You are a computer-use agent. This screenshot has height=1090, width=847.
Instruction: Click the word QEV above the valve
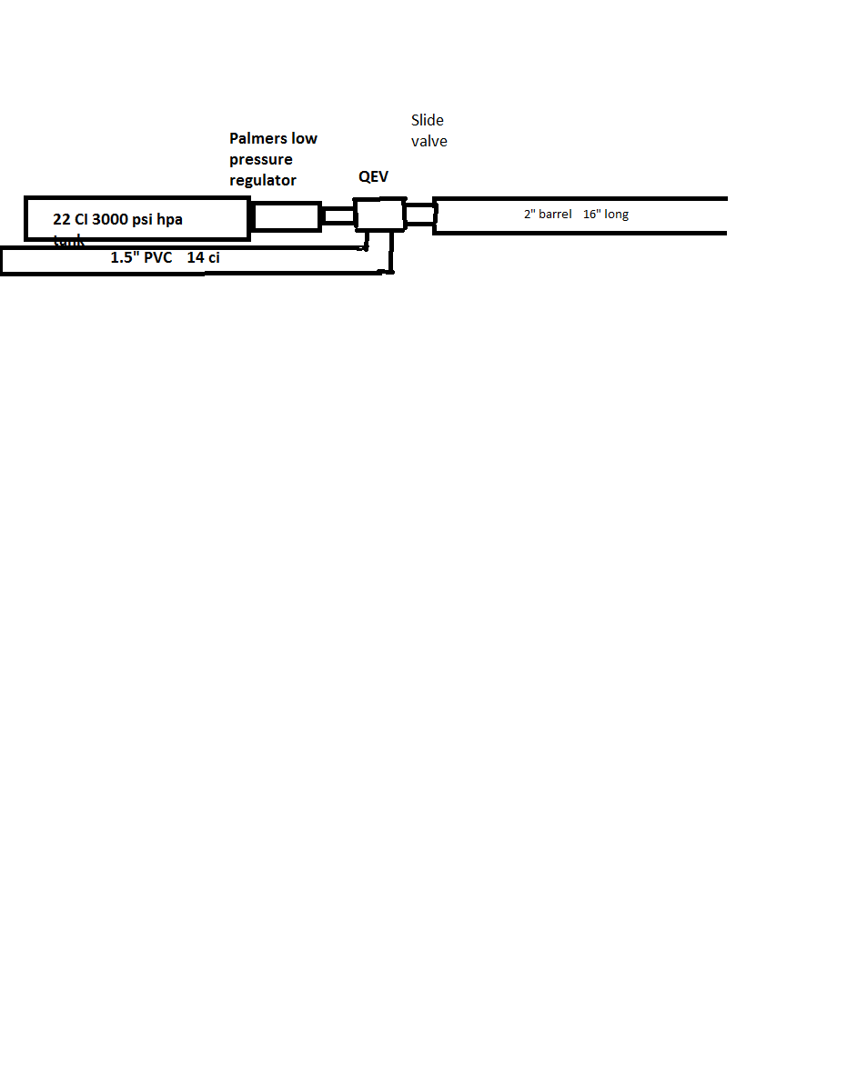coord(373,177)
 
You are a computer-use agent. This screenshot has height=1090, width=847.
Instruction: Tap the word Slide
coord(427,120)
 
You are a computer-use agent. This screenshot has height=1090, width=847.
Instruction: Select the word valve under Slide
coord(429,142)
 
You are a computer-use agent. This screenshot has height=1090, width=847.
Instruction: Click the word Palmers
coord(257,139)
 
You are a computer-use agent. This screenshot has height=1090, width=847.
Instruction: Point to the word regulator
coord(263,181)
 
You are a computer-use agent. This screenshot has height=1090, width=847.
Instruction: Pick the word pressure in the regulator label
coord(261,160)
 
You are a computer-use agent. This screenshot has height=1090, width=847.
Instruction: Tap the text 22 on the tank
coord(62,219)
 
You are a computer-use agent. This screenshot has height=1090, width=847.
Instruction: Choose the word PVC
coord(156,257)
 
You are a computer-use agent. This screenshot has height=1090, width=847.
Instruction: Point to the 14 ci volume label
coord(203,257)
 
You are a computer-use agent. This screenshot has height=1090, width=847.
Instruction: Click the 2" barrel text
coord(548,215)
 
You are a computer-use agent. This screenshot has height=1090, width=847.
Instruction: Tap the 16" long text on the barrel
coord(606,215)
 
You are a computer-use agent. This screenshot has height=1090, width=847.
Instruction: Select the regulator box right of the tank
coord(287,216)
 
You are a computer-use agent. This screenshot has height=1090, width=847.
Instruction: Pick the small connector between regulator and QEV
coord(338,215)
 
